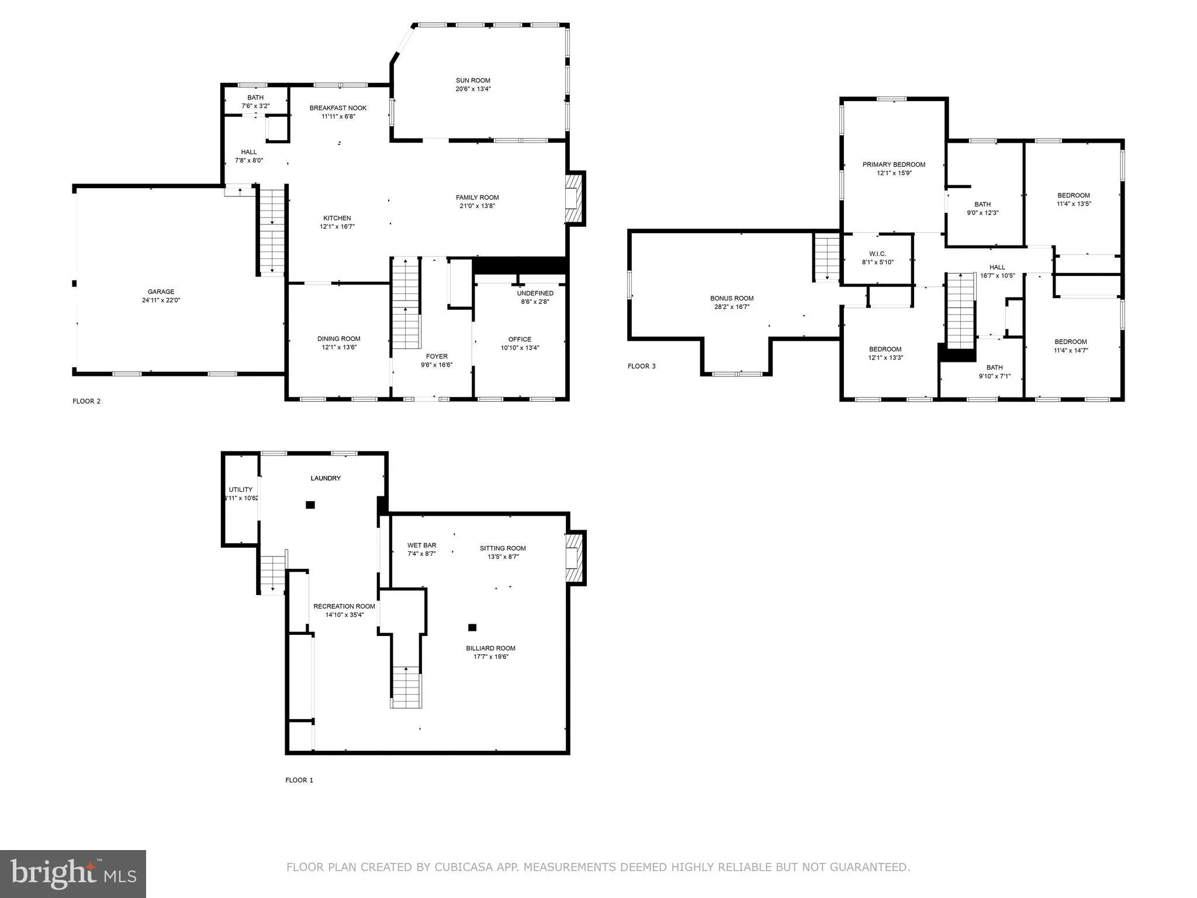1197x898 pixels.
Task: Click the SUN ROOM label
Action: [x=473, y=81]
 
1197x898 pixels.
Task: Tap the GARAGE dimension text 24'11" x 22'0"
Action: [x=161, y=300]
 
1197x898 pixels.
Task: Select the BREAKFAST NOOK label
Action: [x=338, y=108]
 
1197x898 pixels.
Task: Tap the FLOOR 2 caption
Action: [x=87, y=401]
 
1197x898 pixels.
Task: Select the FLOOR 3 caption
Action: [x=641, y=366]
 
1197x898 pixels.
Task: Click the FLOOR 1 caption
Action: [x=299, y=780]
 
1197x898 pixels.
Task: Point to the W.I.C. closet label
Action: [x=877, y=254]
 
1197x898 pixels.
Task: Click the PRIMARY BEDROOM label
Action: [x=894, y=165]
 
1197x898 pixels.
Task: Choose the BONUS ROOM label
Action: [x=732, y=298]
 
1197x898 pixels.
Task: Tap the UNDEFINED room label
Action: [x=535, y=293]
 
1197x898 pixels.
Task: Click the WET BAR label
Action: [x=421, y=545]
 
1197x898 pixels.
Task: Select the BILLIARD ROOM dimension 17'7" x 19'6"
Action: [x=490, y=657]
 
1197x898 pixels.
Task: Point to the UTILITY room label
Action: [x=240, y=490]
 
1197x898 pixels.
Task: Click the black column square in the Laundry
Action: [x=310, y=505]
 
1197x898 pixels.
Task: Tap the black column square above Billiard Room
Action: [x=472, y=627]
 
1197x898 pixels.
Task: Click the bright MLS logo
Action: [x=73, y=873]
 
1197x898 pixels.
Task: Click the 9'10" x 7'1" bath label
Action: [x=994, y=377]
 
